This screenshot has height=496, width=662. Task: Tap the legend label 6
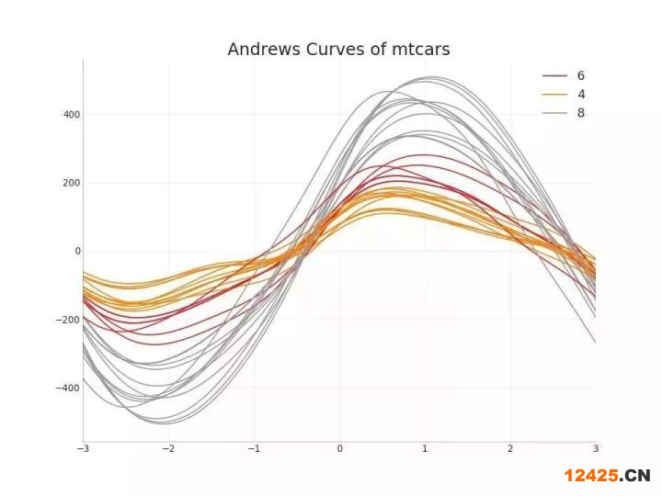click(x=581, y=75)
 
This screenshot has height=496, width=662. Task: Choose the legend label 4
click(x=581, y=95)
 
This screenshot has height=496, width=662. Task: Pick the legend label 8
click(x=581, y=113)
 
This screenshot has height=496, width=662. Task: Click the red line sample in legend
click(x=554, y=76)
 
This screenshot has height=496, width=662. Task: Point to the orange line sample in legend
click(x=554, y=95)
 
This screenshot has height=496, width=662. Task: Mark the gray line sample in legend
click(x=554, y=113)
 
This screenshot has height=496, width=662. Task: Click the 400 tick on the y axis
click(x=71, y=115)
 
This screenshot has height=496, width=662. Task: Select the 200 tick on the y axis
click(x=71, y=183)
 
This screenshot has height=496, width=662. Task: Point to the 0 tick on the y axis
click(x=77, y=251)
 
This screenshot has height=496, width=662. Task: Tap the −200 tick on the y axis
click(x=67, y=320)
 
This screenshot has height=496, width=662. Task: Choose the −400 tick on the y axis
click(x=67, y=388)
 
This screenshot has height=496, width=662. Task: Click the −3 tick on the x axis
click(x=83, y=448)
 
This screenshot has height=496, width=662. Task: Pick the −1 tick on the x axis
click(x=254, y=448)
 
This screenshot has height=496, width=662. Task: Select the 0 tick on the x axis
click(x=339, y=448)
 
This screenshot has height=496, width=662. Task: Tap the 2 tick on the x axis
click(x=510, y=448)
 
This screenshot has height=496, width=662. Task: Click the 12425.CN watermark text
click(x=607, y=475)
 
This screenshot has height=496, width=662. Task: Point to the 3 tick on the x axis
click(x=595, y=448)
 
